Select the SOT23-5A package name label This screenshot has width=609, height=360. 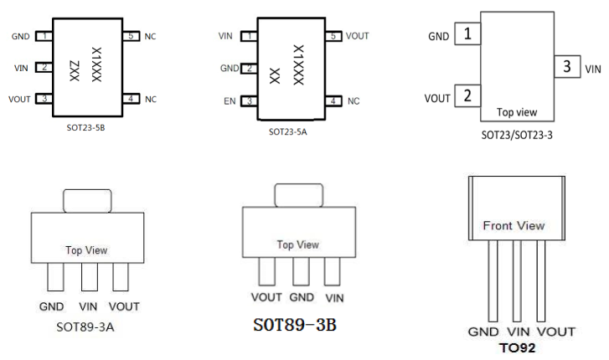(290, 132)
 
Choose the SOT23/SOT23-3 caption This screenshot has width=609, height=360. (517, 134)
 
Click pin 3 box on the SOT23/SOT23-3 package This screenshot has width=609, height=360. (568, 67)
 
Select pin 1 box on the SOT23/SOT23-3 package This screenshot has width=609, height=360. (467, 35)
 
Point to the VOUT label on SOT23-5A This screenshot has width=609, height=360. (357, 36)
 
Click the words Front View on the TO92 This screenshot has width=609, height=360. (514, 225)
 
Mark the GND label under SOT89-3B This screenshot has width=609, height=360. (300, 297)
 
